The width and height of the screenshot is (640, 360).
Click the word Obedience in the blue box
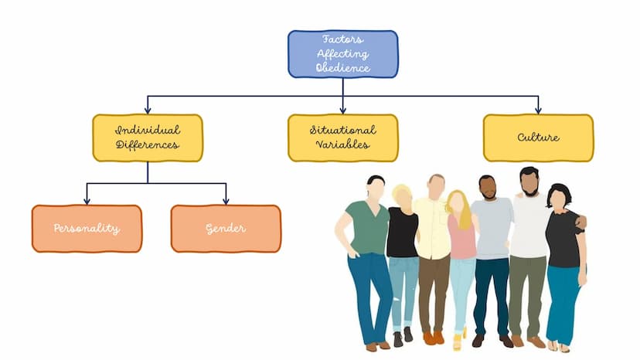coord(343,67)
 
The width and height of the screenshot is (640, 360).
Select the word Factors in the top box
coord(343,39)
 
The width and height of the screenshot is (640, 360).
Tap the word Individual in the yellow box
coord(148,131)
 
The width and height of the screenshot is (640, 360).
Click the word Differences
coord(148,145)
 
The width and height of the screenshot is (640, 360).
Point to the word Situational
coord(343,131)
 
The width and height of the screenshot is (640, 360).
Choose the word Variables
coord(343,144)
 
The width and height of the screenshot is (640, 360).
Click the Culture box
coord(539,138)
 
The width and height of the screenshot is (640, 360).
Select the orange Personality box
coord(87,229)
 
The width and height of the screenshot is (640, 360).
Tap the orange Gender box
coord(226,229)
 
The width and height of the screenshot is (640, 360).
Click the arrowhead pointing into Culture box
coord(539,110)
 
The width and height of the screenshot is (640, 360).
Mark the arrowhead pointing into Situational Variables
coord(343,110)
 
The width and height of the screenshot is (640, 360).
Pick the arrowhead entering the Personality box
coord(87,201)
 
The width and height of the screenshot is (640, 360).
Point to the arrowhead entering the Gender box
coord(226,201)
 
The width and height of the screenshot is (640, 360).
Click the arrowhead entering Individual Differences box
coord(148,110)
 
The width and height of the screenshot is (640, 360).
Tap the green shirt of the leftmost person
coord(367,226)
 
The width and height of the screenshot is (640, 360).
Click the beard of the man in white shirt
coord(530,189)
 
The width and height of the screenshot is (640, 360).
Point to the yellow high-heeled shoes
coord(459,338)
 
